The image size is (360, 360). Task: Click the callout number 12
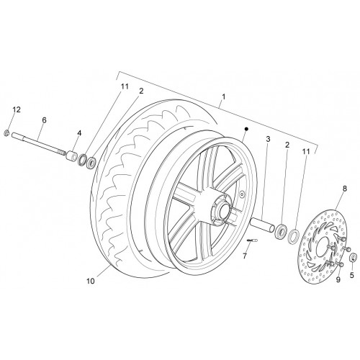pos(17,109)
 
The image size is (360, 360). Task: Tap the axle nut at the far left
pos(6,132)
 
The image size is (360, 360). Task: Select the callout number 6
pos(44,120)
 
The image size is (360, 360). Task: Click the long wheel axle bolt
pos(38,144)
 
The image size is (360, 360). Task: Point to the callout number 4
pos(79,133)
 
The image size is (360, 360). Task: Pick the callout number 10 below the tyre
pos(91,281)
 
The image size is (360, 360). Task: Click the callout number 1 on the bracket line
pos(224,96)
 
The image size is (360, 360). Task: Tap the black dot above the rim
pos(246,129)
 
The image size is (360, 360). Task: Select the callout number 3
pos(268,139)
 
